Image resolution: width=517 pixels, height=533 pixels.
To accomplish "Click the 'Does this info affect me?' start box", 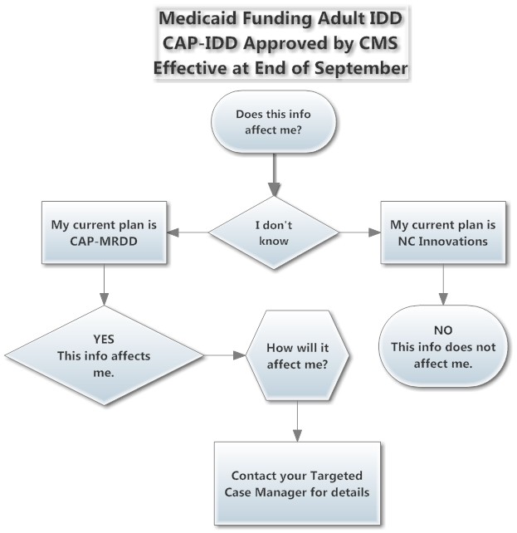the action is click(274, 121).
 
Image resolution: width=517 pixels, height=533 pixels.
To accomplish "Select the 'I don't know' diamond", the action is click(274, 232).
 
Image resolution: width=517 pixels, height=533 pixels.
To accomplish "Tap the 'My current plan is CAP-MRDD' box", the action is click(104, 232).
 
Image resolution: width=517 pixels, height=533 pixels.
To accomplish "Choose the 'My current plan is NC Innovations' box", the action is click(443, 232).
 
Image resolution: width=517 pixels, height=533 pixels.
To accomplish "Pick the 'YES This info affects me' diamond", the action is click(104, 355).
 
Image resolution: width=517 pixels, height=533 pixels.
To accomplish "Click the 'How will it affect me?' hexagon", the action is click(297, 355).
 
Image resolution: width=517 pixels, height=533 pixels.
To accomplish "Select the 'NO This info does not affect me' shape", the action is click(443, 346).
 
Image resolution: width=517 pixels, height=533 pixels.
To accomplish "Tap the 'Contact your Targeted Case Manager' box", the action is click(297, 483).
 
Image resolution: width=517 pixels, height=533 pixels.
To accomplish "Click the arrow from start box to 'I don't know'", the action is click(274, 174).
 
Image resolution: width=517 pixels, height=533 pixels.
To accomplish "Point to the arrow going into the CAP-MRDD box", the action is click(188, 232).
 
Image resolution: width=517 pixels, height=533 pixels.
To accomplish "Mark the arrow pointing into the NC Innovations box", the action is click(359, 232).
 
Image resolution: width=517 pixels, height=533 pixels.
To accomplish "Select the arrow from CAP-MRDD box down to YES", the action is click(104, 285).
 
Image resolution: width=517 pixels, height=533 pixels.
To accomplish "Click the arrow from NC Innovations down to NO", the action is click(443, 285).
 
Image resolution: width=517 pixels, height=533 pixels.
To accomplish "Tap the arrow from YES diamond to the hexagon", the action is click(225, 355).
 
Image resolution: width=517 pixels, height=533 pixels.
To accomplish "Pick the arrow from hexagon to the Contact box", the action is click(297, 422).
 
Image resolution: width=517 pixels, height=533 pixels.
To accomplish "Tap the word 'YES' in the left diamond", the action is click(104, 339).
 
